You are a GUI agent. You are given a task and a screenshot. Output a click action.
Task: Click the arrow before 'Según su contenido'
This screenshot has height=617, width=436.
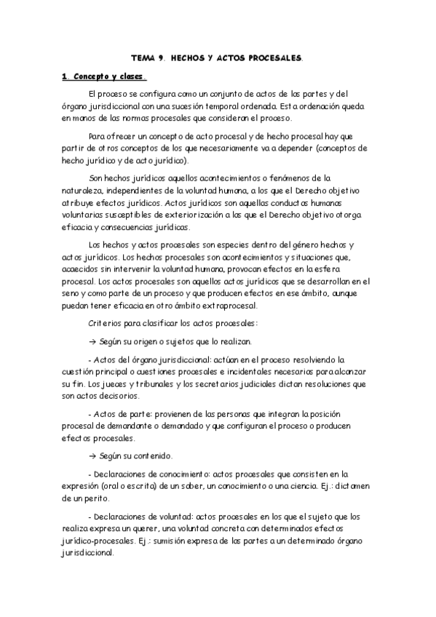click(91, 456)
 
